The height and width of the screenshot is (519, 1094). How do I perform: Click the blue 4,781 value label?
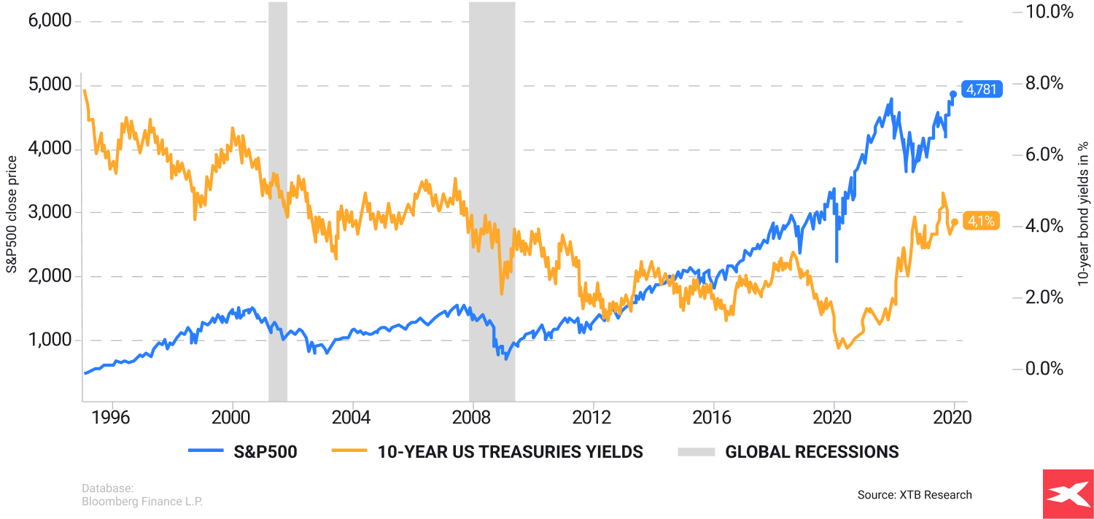click(x=982, y=90)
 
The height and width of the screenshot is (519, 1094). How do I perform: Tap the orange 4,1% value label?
click(x=981, y=220)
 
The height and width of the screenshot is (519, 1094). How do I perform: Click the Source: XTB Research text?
click(x=915, y=495)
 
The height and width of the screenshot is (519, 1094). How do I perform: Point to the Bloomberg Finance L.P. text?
click(x=142, y=502)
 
